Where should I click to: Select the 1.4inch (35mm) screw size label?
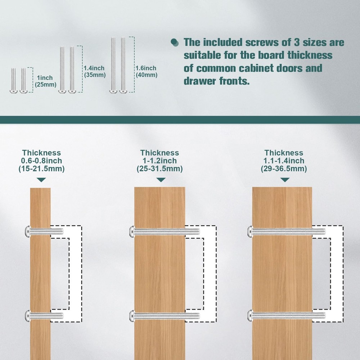pos(94,71)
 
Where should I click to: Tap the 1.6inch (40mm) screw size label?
pos(146,71)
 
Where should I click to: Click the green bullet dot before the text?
pos(175,42)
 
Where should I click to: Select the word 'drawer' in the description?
pos(202,81)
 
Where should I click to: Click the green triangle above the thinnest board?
pos(42,180)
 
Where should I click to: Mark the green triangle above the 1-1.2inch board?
pos(161,180)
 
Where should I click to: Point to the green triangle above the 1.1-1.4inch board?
pos(285,180)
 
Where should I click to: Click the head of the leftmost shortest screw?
pos(13,92)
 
